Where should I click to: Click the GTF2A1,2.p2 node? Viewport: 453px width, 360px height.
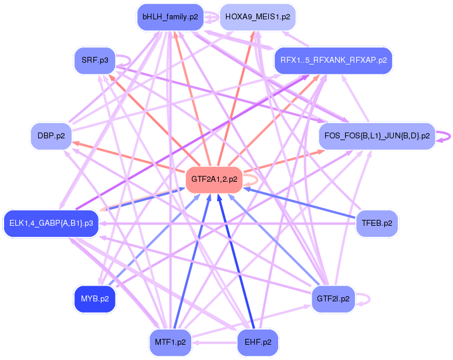coord(214,179)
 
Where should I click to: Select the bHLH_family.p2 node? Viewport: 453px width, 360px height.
coord(170,17)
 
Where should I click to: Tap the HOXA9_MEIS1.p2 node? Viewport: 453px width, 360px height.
coord(258,17)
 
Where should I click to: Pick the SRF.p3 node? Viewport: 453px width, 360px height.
coord(94,60)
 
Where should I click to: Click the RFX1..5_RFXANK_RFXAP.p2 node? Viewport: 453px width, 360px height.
coord(334,60)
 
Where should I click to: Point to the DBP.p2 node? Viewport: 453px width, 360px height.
coord(51,136)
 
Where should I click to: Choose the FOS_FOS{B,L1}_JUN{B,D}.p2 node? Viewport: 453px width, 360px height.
coord(377,136)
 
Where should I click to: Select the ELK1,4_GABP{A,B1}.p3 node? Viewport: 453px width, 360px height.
coord(51,223)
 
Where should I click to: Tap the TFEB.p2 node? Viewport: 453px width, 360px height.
coord(377,223)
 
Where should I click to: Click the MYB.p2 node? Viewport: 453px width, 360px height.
coord(94,299)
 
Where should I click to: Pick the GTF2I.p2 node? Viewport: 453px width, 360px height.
coord(333,299)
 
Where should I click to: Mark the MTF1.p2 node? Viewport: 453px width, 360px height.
coord(170,342)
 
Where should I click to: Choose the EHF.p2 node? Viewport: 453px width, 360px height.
coord(258,342)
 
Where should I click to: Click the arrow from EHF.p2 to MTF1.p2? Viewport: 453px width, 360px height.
coord(214,343)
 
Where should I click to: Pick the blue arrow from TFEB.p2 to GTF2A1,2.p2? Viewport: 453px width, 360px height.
coord(299,203)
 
